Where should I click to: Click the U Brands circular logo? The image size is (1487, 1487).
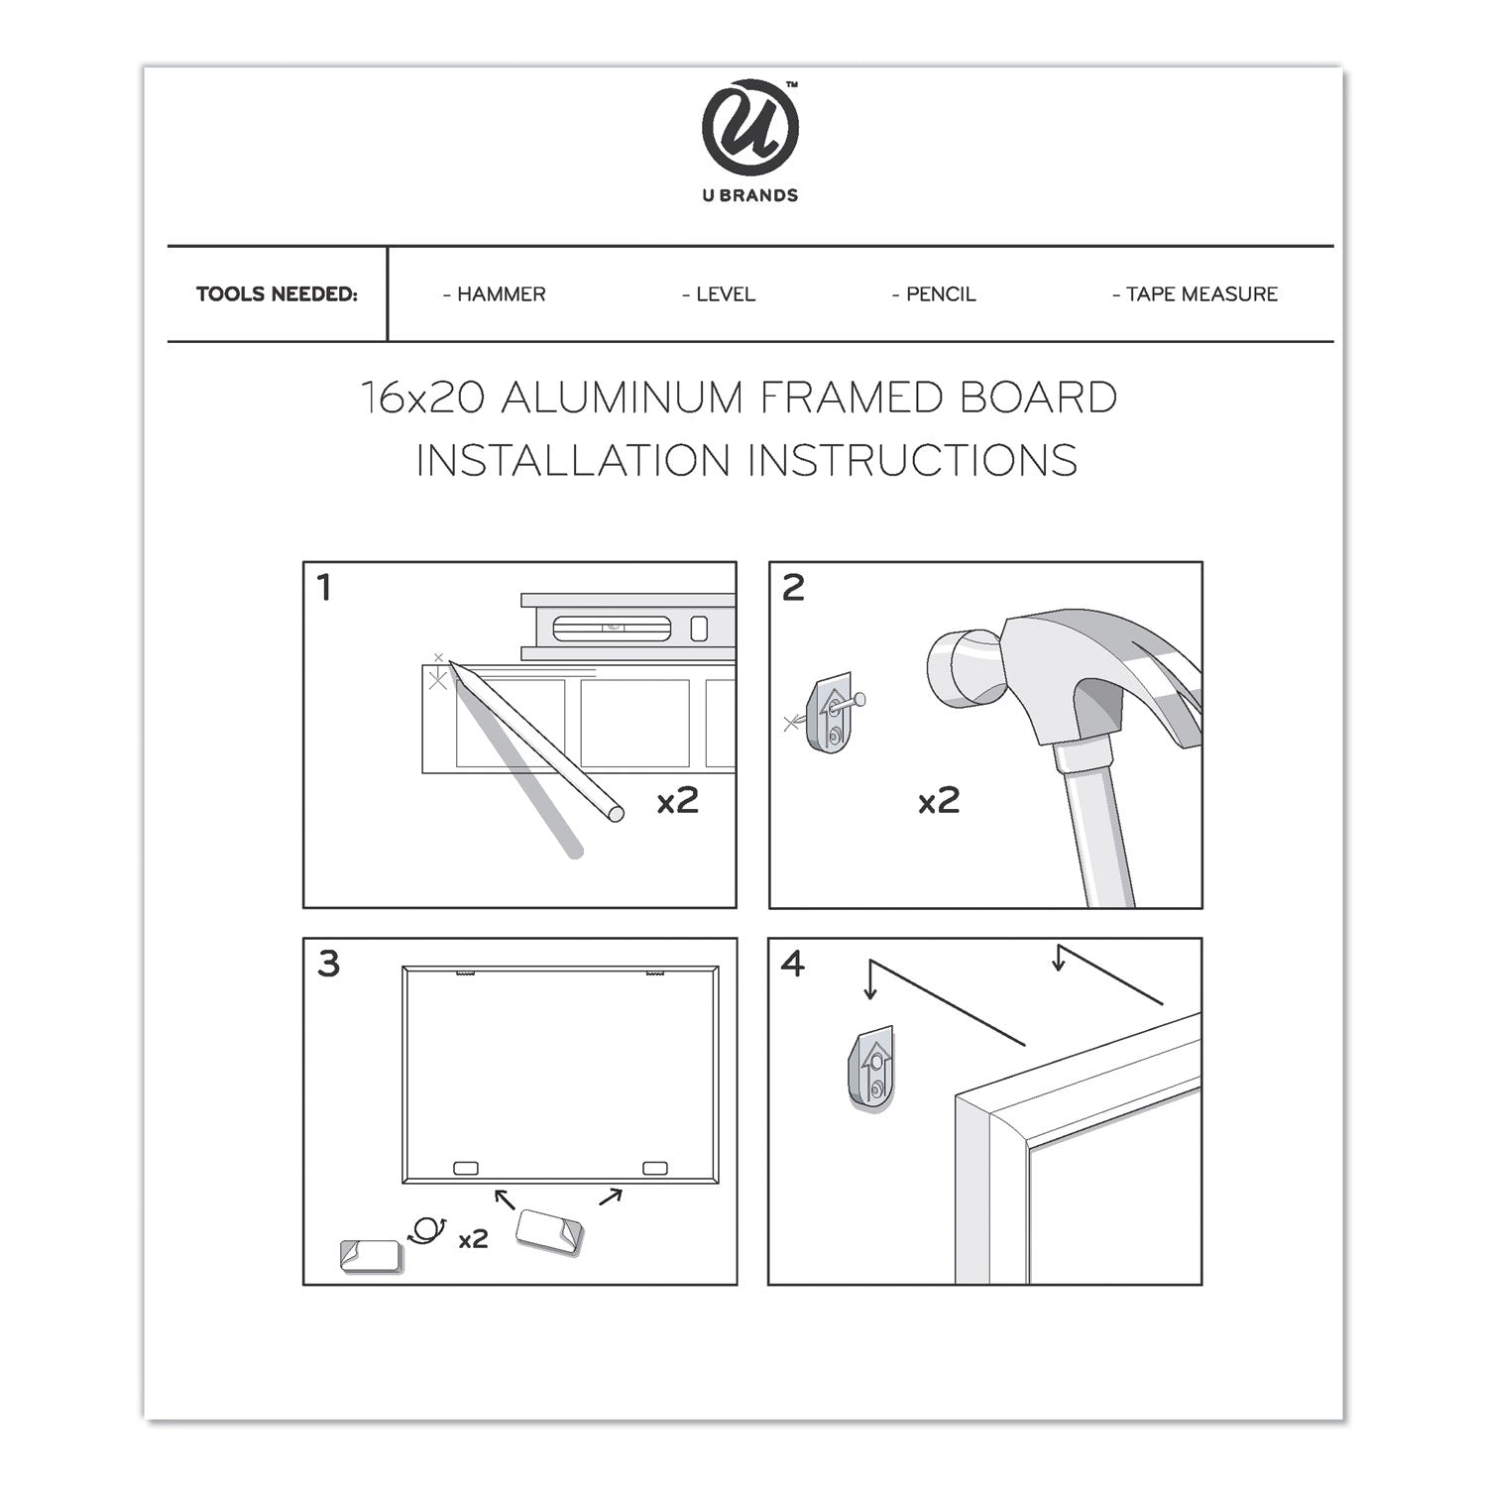[x=749, y=128]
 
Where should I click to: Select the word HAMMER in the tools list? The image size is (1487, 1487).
[x=501, y=294]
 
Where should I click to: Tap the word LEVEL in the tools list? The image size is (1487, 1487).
[x=725, y=294]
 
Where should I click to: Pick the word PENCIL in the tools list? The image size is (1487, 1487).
[x=940, y=294]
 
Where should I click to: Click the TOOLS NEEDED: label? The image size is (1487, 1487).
[x=277, y=294]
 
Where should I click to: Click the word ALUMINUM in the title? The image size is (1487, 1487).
[x=623, y=399]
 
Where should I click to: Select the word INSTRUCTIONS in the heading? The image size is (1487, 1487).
[x=912, y=461]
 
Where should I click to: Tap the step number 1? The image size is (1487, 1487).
[x=323, y=589]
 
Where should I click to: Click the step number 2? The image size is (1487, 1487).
[x=793, y=589]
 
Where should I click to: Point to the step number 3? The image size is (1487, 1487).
[x=328, y=964]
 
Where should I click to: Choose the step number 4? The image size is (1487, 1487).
[x=793, y=964]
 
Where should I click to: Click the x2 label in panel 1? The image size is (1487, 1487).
[x=678, y=801]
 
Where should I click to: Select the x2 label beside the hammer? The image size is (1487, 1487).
[x=938, y=801]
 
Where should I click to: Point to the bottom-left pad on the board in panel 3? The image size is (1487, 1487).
[x=465, y=1169]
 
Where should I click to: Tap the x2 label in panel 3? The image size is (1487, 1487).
[x=473, y=1238]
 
